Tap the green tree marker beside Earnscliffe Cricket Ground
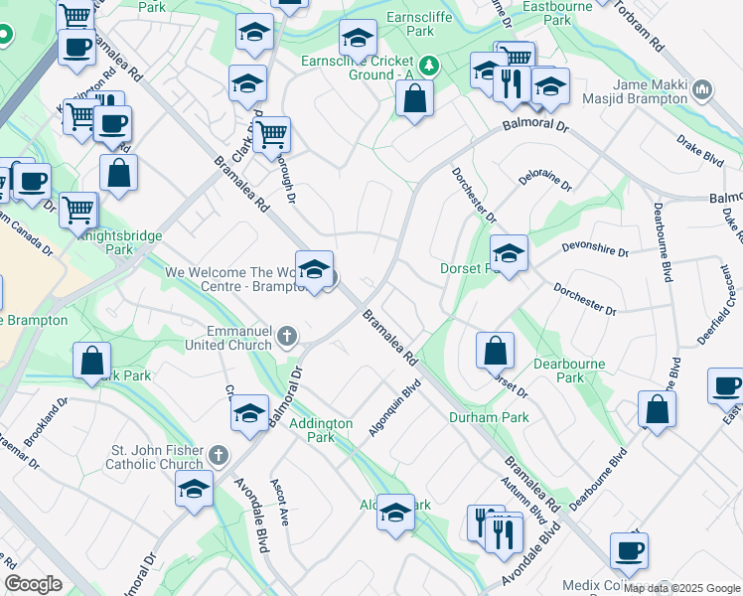[428, 67]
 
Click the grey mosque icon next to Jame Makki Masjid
[702, 92]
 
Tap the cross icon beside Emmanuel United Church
[288, 336]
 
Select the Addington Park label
[321, 430]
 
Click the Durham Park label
[489, 417]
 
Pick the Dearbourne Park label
[570, 371]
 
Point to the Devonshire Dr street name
[595, 252]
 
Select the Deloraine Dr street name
[545, 180]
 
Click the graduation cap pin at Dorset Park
[509, 254]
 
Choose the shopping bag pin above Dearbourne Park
[495, 351]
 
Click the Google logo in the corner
[33, 584]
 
